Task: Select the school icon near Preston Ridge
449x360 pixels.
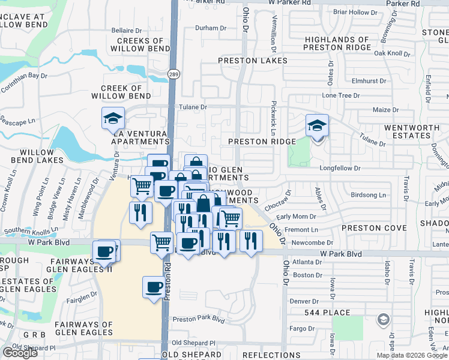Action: (x=316, y=125)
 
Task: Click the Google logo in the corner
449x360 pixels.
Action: (x=20, y=352)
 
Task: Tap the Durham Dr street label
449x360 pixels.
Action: (x=211, y=28)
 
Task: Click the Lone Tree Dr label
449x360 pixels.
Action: (x=340, y=95)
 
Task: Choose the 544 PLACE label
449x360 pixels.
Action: (x=328, y=313)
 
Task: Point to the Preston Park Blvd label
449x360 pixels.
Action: (x=198, y=320)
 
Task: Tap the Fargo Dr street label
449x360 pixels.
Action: (x=303, y=329)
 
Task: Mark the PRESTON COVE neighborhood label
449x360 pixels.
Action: (x=374, y=228)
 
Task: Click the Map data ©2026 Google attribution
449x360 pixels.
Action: (x=411, y=355)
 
